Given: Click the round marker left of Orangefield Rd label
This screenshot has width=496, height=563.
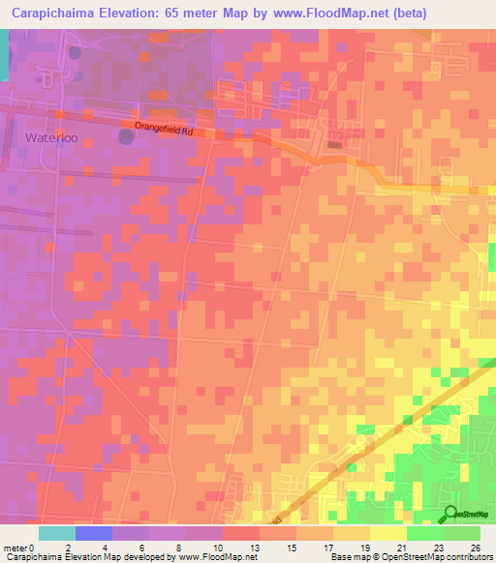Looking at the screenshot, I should click(126, 136).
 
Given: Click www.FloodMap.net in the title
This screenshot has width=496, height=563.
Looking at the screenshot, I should click(329, 13).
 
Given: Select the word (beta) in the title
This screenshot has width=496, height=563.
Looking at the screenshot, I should click(404, 13).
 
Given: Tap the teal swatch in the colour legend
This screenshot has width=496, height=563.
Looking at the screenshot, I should click(56, 533).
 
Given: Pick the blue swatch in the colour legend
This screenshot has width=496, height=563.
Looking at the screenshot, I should click(93, 533).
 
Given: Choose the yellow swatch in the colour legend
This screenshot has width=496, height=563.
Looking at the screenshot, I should click(387, 533).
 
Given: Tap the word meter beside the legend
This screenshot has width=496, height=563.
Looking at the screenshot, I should click(15, 547).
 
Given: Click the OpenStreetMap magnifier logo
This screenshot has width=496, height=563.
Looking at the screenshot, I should click(452, 515).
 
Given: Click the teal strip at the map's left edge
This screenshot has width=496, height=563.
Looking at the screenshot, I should click(3, 53).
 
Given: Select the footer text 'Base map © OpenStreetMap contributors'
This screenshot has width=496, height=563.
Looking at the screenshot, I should click(410, 557).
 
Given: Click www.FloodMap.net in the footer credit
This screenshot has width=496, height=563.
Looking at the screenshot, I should click(210, 557).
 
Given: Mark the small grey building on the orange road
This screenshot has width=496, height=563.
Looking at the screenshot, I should click(335, 146).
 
